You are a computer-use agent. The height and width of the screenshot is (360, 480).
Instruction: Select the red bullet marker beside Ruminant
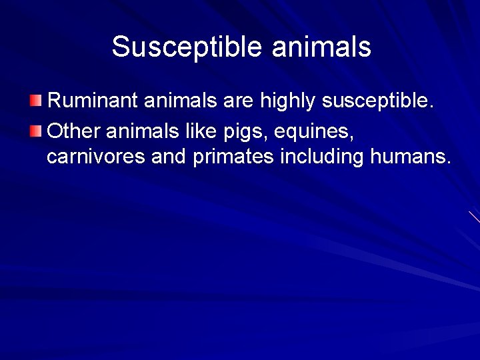35,101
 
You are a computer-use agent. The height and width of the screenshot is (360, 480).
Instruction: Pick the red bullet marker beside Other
35,130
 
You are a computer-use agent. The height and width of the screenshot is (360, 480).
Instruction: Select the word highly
287,103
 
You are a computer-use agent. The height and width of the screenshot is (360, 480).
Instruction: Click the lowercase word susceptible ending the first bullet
377,103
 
